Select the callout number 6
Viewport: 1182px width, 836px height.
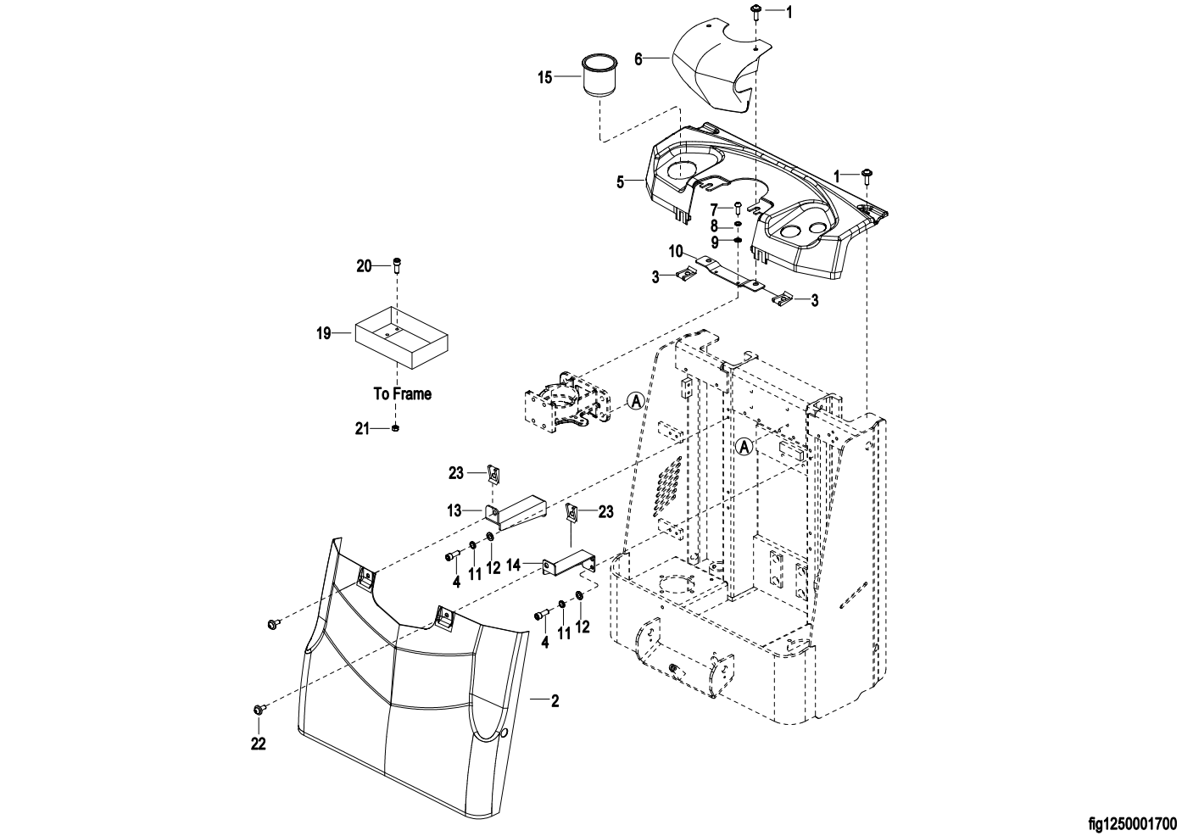(x=638, y=59)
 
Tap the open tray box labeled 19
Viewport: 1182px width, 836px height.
(x=402, y=337)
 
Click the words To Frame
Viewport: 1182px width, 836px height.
(x=403, y=393)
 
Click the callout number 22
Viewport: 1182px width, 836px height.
(x=259, y=744)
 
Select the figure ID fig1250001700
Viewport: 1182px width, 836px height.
(x=1133, y=824)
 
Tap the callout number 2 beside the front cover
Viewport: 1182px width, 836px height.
(x=555, y=701)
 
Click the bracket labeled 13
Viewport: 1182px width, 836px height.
(x=516, y=513)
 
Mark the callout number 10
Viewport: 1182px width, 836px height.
(x=677, y=251)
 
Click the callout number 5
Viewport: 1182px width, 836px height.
(x=621, y=182)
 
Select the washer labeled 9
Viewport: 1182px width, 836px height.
(x=738, y=241)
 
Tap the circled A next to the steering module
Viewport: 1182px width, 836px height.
(x=637, y=401)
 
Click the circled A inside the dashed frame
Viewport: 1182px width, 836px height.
(x=744, y=447)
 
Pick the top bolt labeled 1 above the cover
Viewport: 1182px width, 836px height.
(x=755, y=11)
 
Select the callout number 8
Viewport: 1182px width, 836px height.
(x=715, y=226)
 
